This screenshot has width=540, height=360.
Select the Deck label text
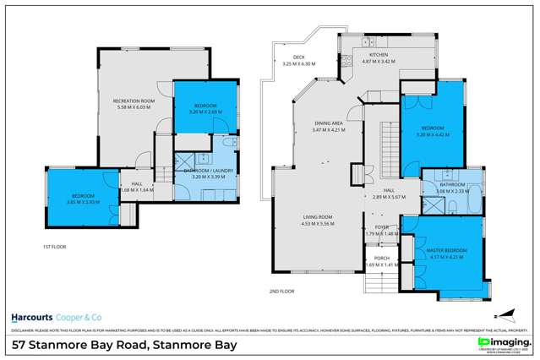point(287,57)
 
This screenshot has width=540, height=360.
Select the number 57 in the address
point(18,345)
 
